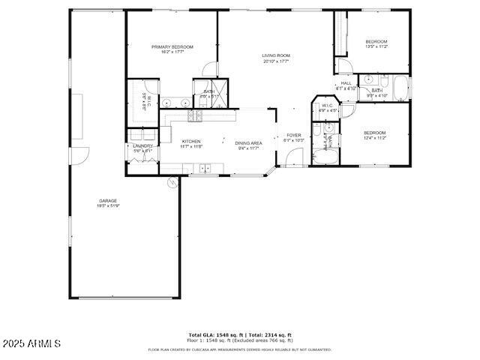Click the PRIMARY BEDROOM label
point(172,47)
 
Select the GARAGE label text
point(107,201)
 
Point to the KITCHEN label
point(191,142)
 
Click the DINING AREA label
point(247,143)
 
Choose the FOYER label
point(293,136)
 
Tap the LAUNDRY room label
point(142,146)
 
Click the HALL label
point(346,84)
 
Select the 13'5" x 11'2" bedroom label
point(376,41)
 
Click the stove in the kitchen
point(194,115)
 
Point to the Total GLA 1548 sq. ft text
point(214,335)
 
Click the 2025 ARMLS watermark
point(31,344)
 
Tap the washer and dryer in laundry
point(142,135)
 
